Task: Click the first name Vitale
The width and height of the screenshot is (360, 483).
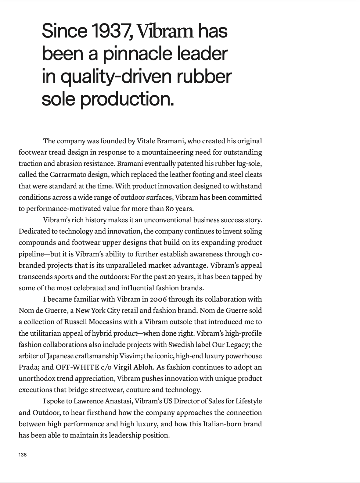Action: point(147,141)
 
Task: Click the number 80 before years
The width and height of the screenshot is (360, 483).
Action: point(170,209)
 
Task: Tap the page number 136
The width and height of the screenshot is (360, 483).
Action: point(23,455)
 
